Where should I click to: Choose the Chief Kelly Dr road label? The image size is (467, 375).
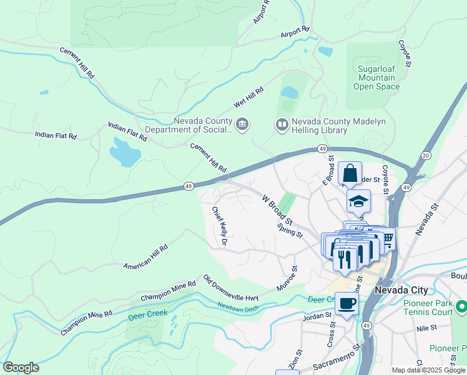(219, 226)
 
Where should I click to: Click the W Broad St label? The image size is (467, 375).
(277, 210)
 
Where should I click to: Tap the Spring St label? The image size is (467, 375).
(290, 229)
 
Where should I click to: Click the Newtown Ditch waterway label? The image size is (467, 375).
(238, 307)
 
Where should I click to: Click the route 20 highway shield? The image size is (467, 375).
(426, 155)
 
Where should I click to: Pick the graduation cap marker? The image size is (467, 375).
(358, 201)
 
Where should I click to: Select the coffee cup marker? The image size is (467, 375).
(346, 304)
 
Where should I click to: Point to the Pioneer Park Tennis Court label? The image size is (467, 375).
(428, 307)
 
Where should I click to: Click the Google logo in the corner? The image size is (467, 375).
(21, 367)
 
